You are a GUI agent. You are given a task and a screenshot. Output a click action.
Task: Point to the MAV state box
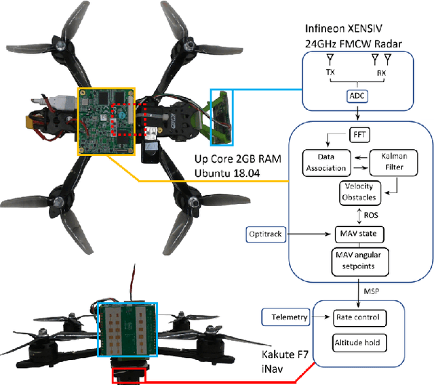(x=359, y=235)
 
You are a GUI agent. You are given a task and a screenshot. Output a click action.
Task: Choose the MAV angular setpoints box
(x=359, y=260)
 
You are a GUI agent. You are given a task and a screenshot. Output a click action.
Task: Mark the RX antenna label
(x=381, y=70)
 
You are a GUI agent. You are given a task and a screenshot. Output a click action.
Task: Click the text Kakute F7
(x=284, y=356)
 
